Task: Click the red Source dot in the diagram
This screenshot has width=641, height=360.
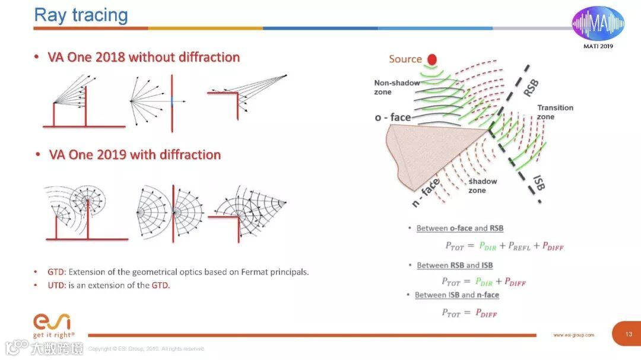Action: tap(431, 59)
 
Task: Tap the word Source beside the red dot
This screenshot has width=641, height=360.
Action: tap(405, 59)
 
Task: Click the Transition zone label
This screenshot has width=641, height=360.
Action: tap(555, 112)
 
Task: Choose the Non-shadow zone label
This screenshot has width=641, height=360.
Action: tap(396, 87)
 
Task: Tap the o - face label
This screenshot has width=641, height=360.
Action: tap(393, 117)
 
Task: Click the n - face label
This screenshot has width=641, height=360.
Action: tap(426, 193)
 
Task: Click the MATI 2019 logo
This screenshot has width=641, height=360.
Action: tap(598, 27)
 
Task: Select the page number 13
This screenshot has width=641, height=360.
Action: tap(629, 334)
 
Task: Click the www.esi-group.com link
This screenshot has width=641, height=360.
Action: tap(573, 335)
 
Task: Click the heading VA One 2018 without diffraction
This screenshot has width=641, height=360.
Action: tap(144, 58)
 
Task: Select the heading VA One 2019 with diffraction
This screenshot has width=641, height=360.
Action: tap(135, 155)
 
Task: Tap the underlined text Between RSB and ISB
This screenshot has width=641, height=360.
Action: tap(455, 265)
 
